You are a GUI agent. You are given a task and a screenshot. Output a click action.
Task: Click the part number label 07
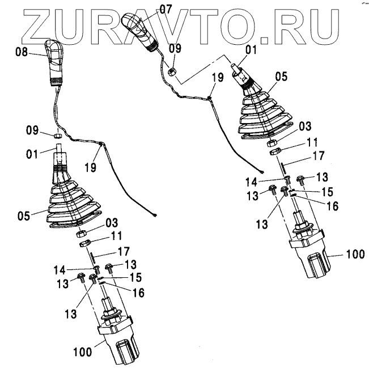tap(165, 9)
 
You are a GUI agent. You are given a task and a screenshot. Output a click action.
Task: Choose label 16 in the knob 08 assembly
tap(138, 293)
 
